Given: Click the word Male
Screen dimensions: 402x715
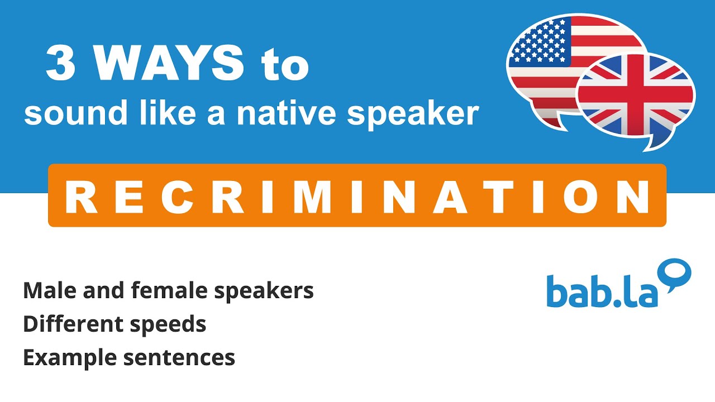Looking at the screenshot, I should click(46, 291).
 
